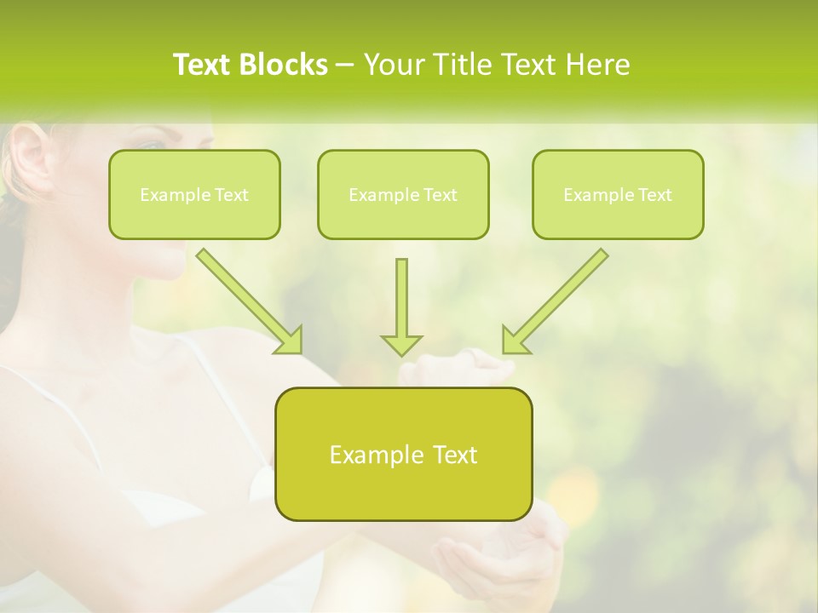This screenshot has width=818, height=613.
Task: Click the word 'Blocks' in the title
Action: click(285, 65)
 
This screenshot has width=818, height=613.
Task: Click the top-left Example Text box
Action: click(194, 195)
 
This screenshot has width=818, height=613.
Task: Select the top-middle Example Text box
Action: click(403, 195)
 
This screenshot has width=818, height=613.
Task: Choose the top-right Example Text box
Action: click(618, 195)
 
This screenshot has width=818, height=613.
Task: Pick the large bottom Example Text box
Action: click(403, 455)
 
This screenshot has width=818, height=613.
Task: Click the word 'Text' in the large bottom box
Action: click(456, 455)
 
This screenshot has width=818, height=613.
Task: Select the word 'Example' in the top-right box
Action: click(592, 195)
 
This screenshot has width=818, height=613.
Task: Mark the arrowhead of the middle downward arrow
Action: click(401, 344)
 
